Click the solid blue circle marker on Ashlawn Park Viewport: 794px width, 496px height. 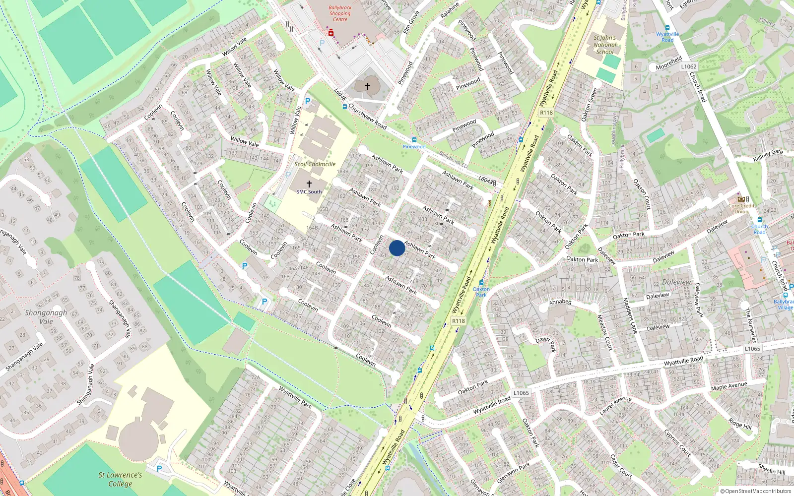[x=397, y=248]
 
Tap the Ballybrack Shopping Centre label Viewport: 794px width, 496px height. [x=340, y=13]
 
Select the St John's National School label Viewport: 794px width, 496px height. [x=604, y=45]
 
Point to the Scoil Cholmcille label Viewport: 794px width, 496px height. [x=315, y=164]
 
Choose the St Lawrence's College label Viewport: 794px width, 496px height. [x=120, y=479]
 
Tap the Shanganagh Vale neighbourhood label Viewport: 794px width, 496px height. [x=46, y=317]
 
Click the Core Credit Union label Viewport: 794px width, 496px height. [x=741, y=208]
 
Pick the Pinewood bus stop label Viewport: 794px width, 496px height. [x=414, y=146]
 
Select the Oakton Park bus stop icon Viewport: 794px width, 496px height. [x=481, y=282]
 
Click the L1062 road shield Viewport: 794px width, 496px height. [x=688, y=66]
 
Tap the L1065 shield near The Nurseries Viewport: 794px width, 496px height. [x=752, y=349]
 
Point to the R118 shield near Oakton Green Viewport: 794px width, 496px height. [x=546, y=113]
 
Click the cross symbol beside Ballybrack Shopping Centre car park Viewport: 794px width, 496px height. [x=368, y=86]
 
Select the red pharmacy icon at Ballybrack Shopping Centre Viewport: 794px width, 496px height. [x=331, y=33]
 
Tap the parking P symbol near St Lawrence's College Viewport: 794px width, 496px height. [x=159, y=468]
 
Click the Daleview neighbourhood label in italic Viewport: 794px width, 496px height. [x=676, y=282]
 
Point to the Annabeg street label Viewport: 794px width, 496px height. [x=560, y=302]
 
